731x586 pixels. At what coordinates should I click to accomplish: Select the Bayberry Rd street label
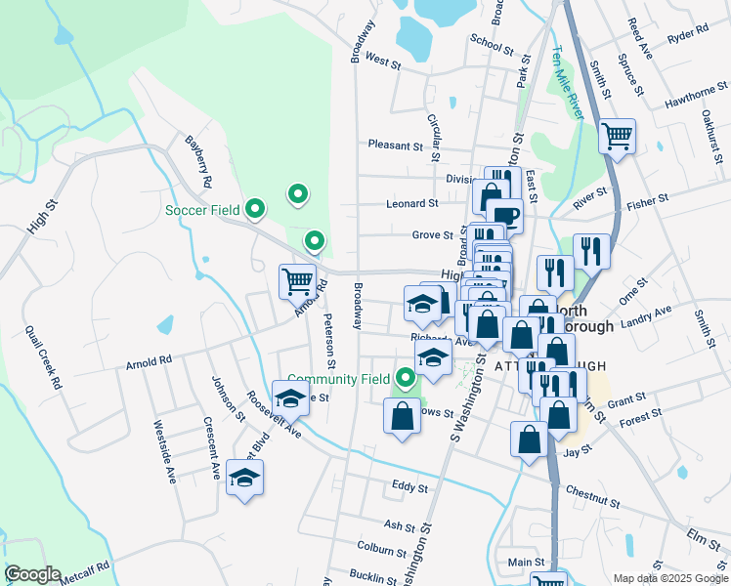coord(198,161)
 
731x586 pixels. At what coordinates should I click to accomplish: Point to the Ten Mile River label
coord(568,84)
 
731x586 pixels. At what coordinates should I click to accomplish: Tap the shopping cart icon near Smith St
coord(618,137)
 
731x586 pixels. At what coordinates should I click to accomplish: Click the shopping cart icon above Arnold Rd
coord(297,282)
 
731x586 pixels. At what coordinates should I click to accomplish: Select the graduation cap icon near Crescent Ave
coord(244,477)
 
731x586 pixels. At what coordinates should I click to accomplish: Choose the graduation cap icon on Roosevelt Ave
coord(290,398)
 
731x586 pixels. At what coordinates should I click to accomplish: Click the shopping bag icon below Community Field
coord(402,415)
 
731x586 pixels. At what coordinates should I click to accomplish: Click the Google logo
coord(32,574)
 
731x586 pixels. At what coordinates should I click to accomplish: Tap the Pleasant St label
coord(394,145)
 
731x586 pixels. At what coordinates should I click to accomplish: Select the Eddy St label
coord(409,485)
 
